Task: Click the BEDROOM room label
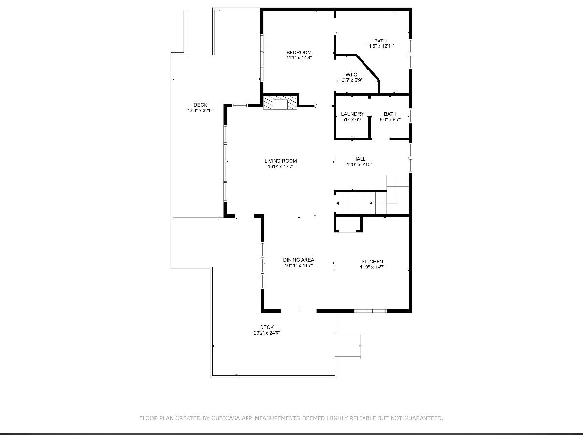[x=299, y=52]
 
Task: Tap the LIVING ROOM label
[x=281, y=161]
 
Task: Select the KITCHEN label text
[x=372, y=261]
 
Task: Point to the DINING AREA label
[x=299, y=260]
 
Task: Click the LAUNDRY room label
[x=352, y=114]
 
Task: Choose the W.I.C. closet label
[x=352, y=75]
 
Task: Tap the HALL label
[x=359, y=159]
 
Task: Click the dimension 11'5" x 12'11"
[x=380, y=46]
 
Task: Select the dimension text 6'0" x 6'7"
[x=390, y=120]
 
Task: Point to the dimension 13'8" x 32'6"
[x=200, y=111]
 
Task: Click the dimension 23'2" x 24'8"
[x=267, y=333]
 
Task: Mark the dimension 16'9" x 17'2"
[x=281, y=166]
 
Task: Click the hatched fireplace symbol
[x=280, y=102]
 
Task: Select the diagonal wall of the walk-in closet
[x=368, y=68]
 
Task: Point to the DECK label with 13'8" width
[x=200, y=105]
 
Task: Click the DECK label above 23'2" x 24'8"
[x=267, y=327]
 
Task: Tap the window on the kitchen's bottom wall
[x=371, y=311]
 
